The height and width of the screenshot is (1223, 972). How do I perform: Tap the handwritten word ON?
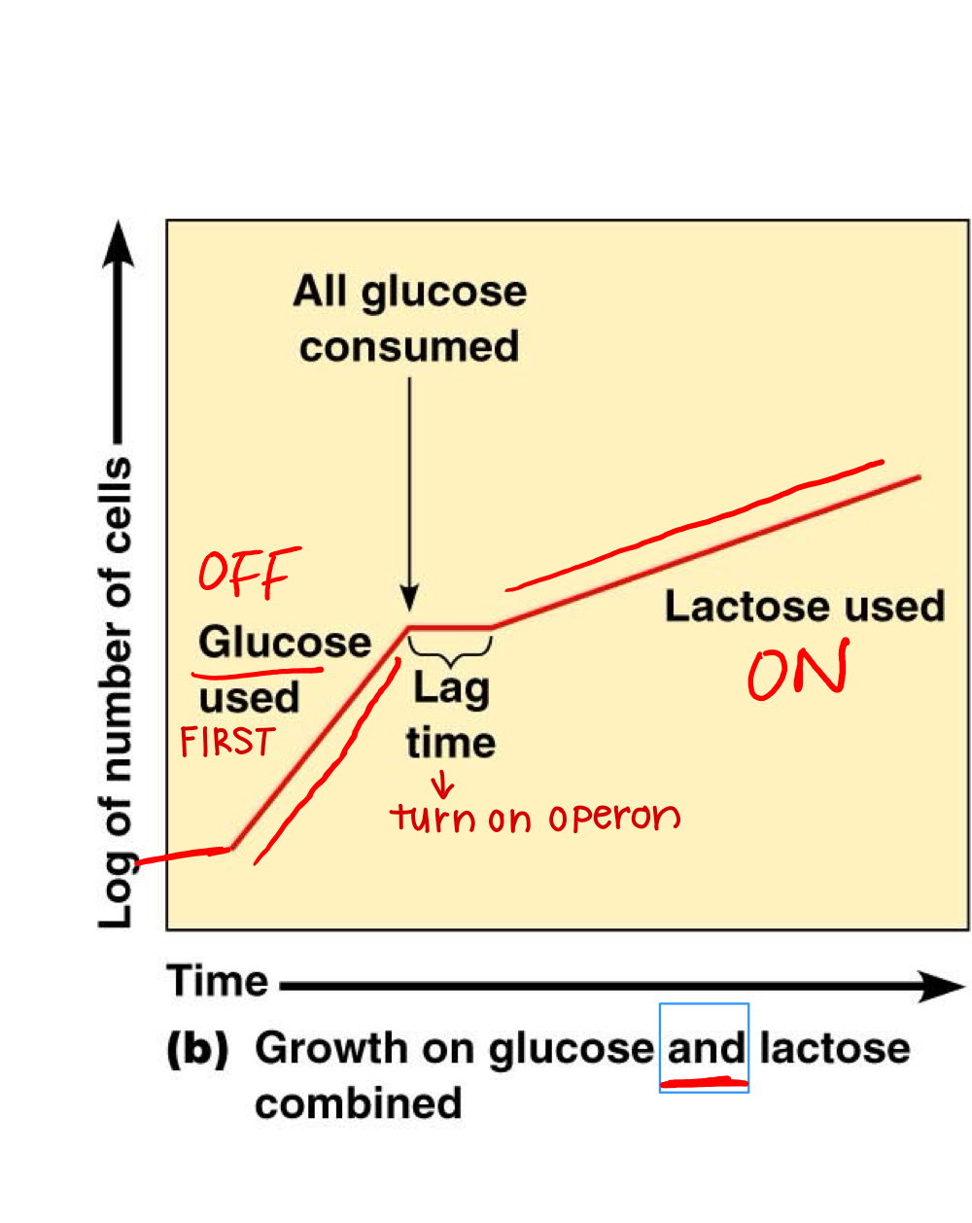[x=798, y=671]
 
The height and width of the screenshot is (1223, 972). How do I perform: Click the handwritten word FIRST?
[x=228, y=743]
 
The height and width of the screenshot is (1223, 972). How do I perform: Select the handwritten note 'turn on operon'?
[x=535, y=818]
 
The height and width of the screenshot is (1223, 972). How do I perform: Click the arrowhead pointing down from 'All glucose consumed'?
[x=409, y=598]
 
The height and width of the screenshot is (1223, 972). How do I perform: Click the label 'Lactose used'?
[x=804, y=607]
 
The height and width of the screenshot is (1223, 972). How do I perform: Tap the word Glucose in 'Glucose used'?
[x=285, y=643]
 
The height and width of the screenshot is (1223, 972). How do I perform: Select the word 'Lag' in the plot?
[x=451, y=688]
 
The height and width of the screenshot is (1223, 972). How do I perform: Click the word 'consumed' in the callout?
[x=409, y=347]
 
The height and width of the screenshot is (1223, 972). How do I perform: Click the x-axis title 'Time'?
[x=218, y=981]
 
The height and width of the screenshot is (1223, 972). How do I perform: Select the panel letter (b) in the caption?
[x=198, y=1049]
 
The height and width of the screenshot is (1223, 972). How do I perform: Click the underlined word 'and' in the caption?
[x=706, y=1049]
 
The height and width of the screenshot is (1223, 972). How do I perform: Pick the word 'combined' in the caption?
[x=358, y=1104]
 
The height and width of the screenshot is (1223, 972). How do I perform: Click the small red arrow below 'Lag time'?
[x=442, y=784]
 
